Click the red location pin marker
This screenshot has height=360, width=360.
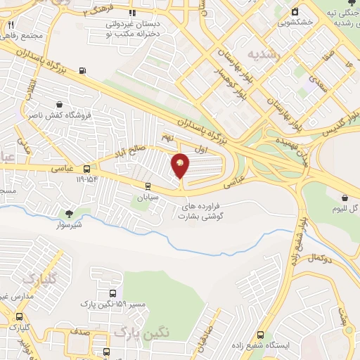180,165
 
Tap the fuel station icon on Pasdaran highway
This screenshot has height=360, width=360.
84,70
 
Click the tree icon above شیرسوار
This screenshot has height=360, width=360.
68,213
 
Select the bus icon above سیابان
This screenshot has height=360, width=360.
147,186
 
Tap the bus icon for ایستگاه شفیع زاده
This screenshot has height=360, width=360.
260,336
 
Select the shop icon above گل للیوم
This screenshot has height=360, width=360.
345,198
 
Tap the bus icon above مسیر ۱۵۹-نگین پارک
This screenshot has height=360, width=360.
112,293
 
